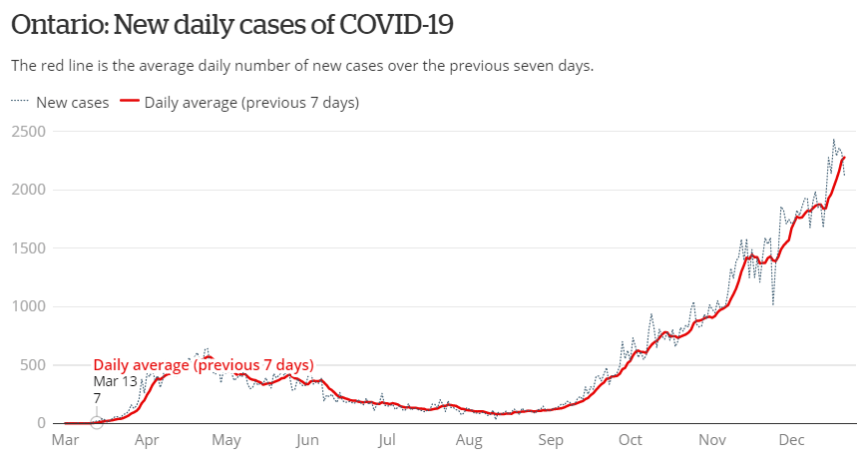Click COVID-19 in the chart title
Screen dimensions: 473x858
(x=397, y=24)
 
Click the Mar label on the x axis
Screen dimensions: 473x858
(x=65, y=440)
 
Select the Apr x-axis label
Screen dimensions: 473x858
(x=147, y=440)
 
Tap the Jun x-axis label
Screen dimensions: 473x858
(x=307, y=440)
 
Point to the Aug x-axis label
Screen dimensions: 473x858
(x=469, y=440)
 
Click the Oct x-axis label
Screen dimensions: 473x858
(x=630, y=440)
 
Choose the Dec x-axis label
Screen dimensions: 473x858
(x=792, y=440)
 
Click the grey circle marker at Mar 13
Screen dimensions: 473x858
(x=97, y=422)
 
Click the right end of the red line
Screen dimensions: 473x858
(x=844, y=158)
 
